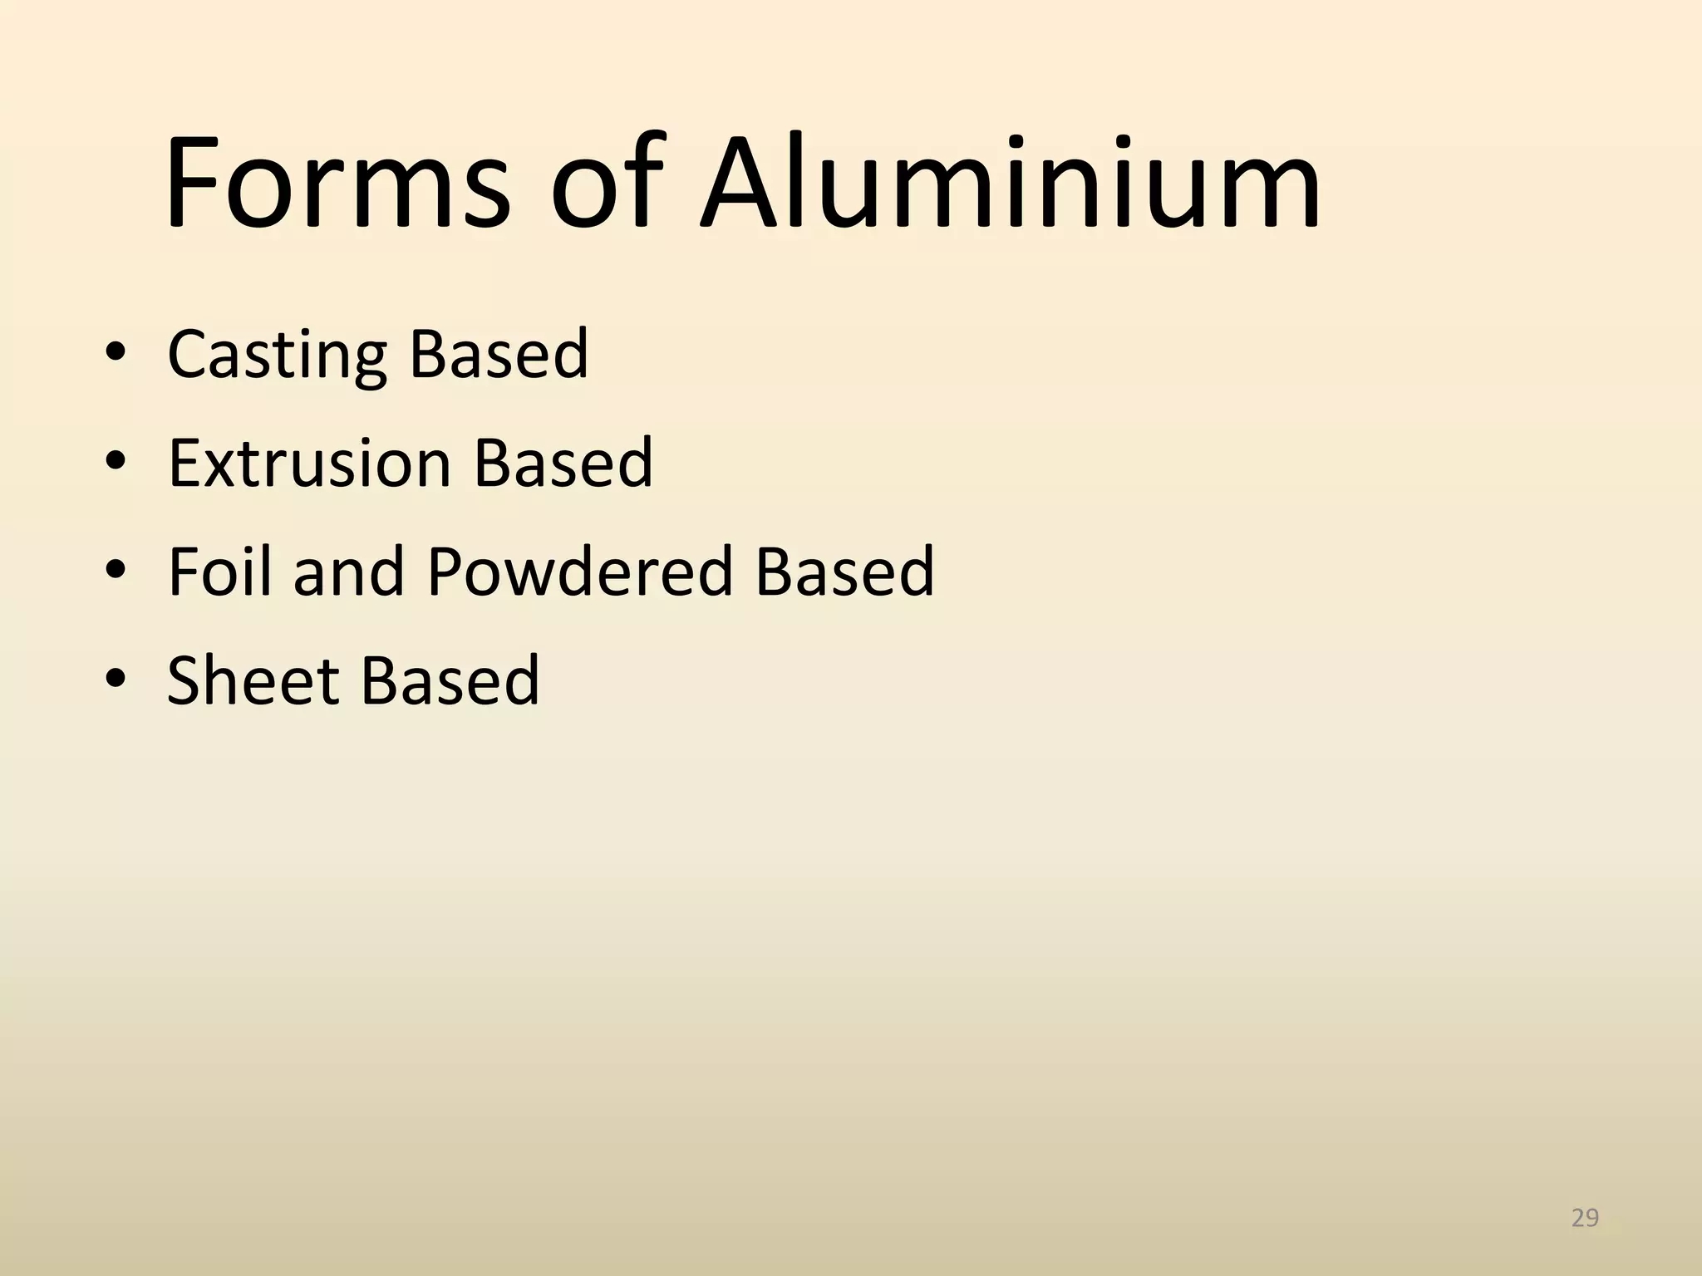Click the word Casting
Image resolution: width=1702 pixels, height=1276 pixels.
point(277,356)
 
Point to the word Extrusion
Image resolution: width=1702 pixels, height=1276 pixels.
point(309,463)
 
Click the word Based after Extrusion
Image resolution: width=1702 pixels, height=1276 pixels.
point(563,463)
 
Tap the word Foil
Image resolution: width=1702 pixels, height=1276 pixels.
point(219,572)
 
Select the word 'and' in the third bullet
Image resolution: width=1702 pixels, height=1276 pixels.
point(349,572)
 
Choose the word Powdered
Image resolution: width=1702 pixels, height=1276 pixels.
point(579,572)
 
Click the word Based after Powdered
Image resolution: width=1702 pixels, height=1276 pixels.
point(844,572)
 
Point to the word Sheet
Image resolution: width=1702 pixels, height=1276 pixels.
point(253,680)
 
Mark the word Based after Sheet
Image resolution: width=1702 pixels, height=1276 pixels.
point(449,680)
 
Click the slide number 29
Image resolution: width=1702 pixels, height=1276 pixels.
point(1585,1218)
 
